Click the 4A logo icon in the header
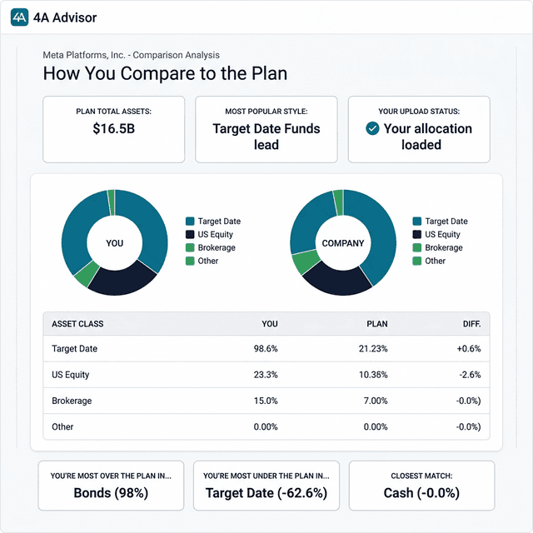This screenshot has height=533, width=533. tap(20, 17)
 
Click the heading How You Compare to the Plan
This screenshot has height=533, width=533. tap(165, 72)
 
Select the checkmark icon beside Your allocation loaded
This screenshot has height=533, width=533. tap(372, 129)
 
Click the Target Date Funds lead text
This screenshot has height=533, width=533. tap(266, 137)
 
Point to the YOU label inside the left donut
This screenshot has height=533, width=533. tap(115, 243)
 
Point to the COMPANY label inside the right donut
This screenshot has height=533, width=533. tap(343, 243)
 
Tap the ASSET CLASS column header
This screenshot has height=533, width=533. tap(77, 323)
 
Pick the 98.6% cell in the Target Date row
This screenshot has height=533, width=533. tap(266, 349)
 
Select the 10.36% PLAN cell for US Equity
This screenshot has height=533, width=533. tap(372, 375)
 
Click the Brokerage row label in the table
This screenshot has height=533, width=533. tap(72, 401)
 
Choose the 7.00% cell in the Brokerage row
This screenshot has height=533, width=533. tap(375, 401)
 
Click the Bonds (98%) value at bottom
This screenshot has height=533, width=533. tap(112, 493)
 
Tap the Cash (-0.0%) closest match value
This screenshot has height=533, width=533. tap(421, 493)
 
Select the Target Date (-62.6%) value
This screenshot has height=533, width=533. tap(266, 493)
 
